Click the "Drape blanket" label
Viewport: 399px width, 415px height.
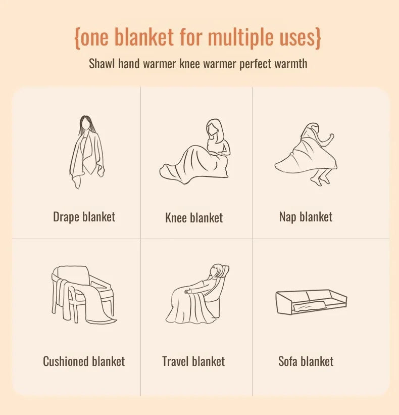tap(84, 217)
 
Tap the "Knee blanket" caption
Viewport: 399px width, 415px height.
tap(194, 218)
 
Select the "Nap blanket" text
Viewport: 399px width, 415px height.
tap(306, 217)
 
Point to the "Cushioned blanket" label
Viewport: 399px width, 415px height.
tap(84, 361)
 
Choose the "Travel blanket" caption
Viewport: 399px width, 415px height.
tap(193, 361)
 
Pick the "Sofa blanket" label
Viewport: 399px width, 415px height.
tap(306, 361)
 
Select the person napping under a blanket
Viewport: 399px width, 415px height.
tap(306, 152)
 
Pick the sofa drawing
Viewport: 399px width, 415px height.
tap(311, 301)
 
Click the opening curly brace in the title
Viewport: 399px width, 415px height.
tap(78, 38)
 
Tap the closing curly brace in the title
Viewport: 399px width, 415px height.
tap(317, 38)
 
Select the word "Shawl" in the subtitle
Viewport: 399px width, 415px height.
tap(102, 64)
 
